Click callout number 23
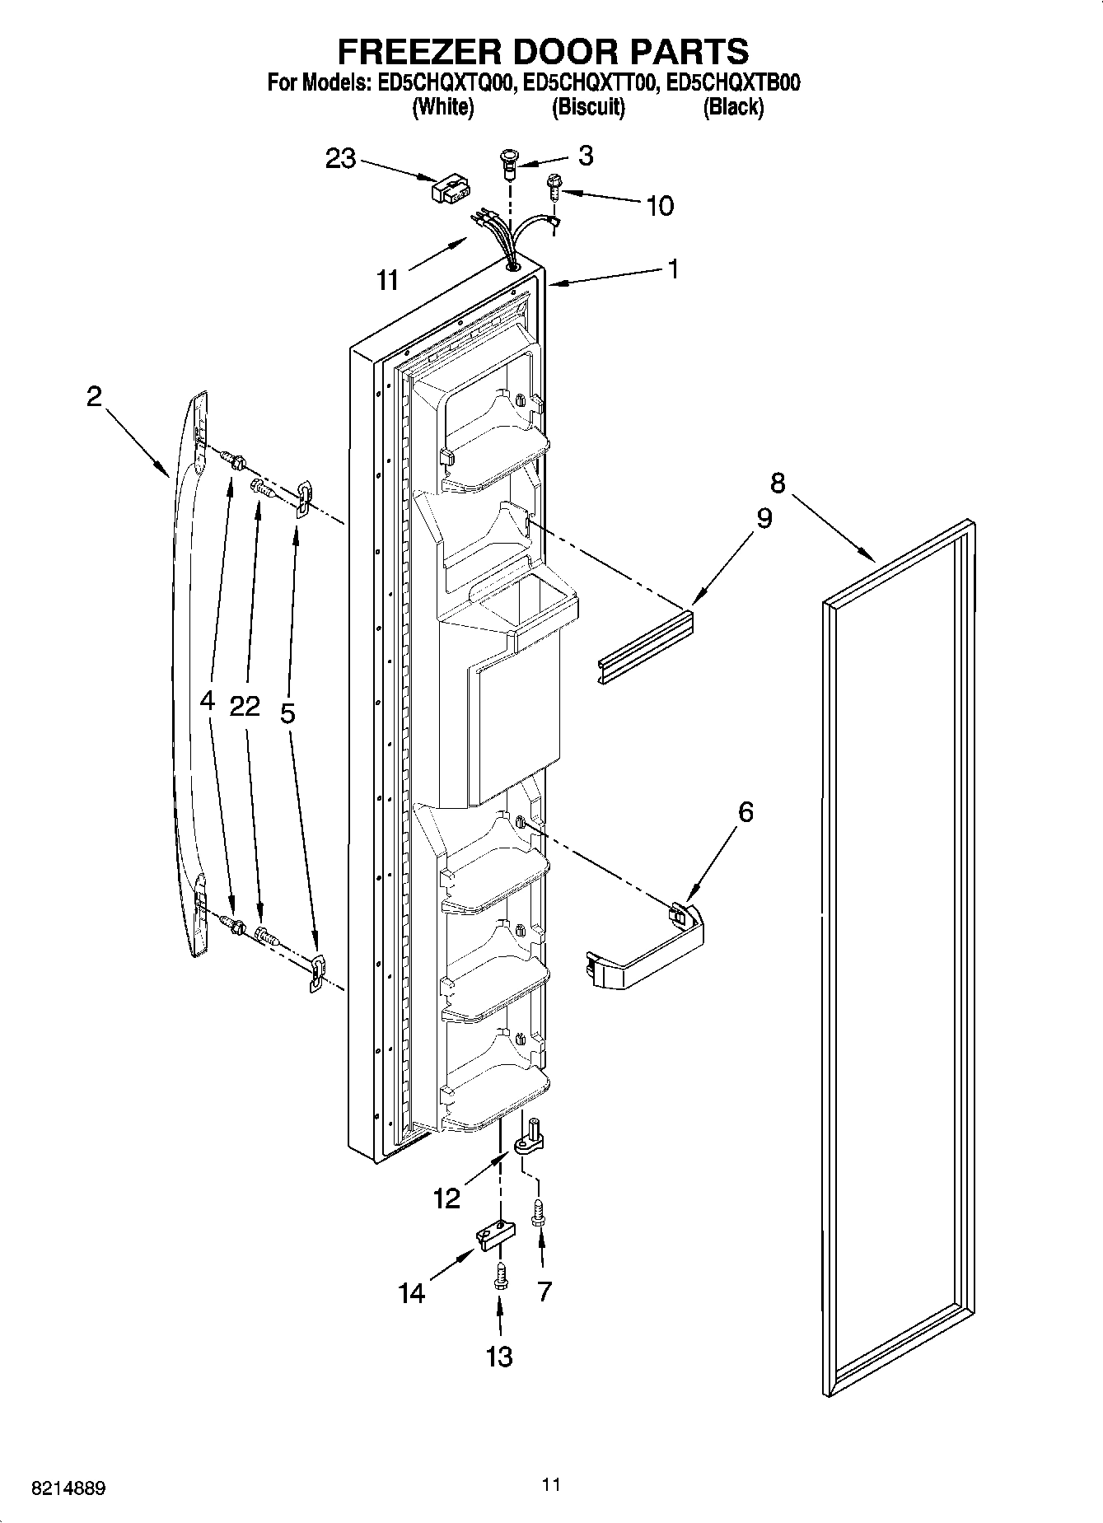(x=340, y=158)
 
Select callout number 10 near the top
(x=660, y=205)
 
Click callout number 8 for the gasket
(x=778, y=482)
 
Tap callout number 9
(x=764, y=518)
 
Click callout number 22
(x=245, y=706)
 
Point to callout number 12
(x=446, y=1198)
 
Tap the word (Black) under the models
(x=732, y=107)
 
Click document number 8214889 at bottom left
(x=68, y=1488)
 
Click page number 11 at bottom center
(x=551, y=1484)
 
